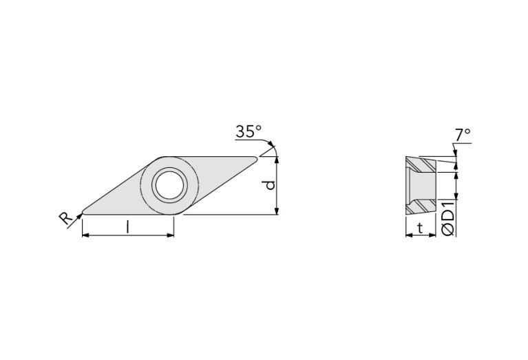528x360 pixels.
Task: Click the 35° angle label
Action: [x=249, y=131]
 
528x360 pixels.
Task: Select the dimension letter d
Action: [x=271, y=184]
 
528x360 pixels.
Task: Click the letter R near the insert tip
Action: [x=65, y=219]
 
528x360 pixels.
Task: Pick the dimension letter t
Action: [x=419, y=229]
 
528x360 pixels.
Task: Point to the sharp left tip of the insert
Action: [x=83, y=210]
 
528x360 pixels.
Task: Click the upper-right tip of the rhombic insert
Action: [x=255, y=159]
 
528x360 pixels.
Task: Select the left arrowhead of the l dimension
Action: [x=85, y=235]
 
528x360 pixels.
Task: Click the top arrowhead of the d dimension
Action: [x=277, y=160]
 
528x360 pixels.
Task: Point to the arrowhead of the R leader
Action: [x=80, y=215]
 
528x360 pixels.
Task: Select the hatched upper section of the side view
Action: [x=420, y=165]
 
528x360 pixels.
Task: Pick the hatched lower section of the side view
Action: [x=420, y=206]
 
